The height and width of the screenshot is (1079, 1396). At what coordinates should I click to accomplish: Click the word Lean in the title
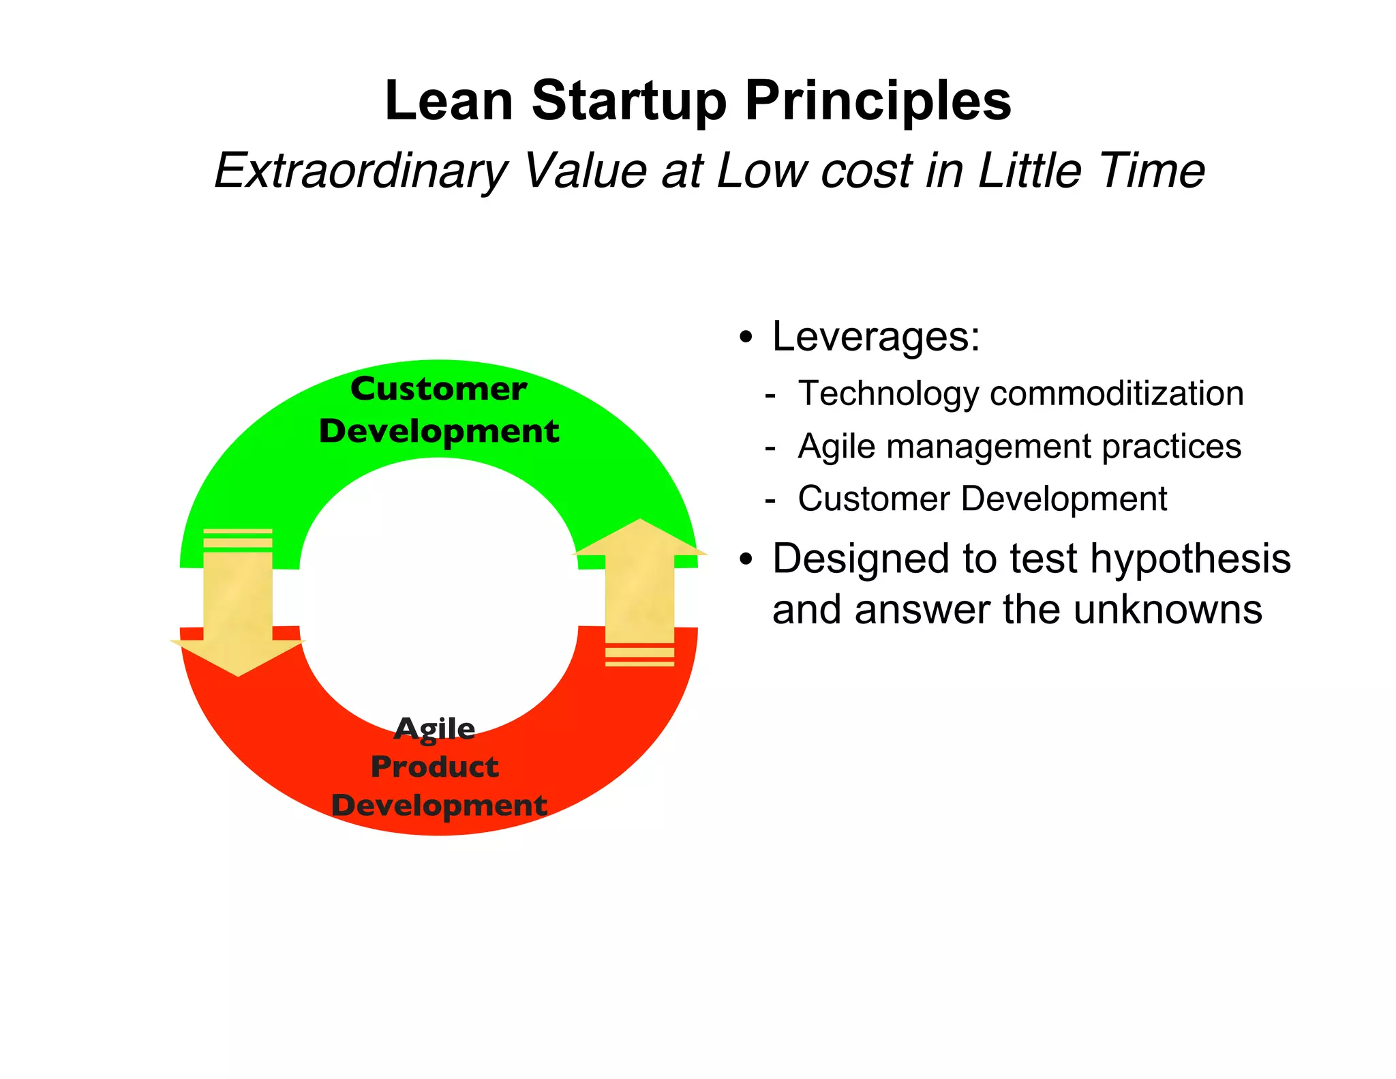pyautogui.click(x=449, y=101)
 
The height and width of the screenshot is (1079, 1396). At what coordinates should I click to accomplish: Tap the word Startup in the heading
pyautogui.click(x=629, y=101)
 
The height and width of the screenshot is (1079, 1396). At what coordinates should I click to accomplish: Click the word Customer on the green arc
pyautogui.click(x=438, y=389)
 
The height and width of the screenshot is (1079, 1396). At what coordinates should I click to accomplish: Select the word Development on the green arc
pyautogui.click(x=439, y=431)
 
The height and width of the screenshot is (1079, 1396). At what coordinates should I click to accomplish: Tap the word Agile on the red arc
pyautogui.click(x=435, y=728)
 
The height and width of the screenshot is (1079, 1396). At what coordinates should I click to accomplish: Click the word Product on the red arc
pyautogui.click(x=435, y=767)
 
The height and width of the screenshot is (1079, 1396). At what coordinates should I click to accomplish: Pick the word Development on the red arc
pyautogui.click(x=439, y=805)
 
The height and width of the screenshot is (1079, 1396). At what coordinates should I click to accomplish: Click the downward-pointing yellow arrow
pyautogui.click(x=238, y=607)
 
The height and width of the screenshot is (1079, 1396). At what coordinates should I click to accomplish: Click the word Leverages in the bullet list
pyautogui.click(x=875, y=336)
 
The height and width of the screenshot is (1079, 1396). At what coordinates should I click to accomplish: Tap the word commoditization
pyautogui.click(x=1117, y=394)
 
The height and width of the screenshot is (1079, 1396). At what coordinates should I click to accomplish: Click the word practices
pyautogui.click(x=1171, y=447)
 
